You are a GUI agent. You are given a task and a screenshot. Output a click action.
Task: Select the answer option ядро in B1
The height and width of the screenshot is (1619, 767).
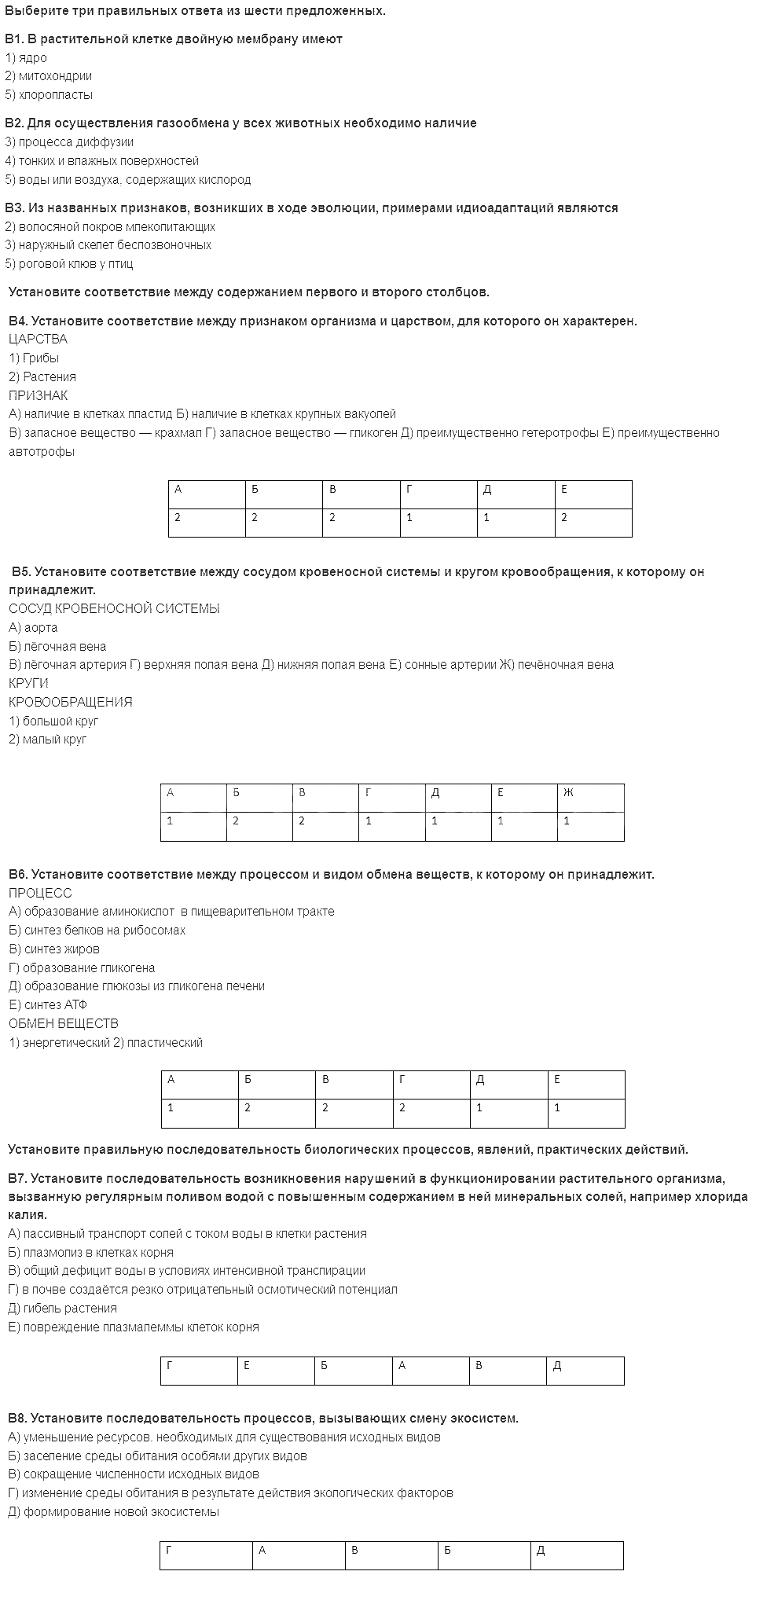(32, 57)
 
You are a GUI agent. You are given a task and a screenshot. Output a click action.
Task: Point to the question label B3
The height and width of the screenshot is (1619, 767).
(15, 208)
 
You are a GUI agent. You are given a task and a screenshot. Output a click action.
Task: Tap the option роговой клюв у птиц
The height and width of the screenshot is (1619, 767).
(75, 264)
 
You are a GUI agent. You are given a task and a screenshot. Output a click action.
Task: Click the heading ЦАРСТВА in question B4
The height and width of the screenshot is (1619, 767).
(38, 340)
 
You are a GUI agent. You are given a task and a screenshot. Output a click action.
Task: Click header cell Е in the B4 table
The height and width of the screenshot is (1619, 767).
(564, 490)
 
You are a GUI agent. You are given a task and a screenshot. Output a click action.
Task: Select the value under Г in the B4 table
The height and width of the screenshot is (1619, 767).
(409, 518)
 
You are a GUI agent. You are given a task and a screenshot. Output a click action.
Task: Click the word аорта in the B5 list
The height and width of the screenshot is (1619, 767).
(40, 628)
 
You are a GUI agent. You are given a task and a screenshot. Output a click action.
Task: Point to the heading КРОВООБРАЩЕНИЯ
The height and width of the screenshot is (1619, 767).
(71, 703)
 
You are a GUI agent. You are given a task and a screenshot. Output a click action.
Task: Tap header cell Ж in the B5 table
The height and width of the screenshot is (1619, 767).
(568, 793)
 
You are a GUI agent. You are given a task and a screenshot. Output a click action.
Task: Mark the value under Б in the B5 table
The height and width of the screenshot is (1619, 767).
(236, 821)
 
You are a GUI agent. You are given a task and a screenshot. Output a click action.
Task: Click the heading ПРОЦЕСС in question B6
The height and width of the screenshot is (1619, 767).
(40, 894)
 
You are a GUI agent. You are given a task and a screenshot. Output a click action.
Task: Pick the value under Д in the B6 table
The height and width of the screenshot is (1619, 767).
(479, 1108)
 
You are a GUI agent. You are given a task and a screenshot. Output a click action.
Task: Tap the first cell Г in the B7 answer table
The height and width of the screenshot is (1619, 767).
(170, 1366)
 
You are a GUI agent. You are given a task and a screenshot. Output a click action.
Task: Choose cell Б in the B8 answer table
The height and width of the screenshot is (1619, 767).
(447, 1551)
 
